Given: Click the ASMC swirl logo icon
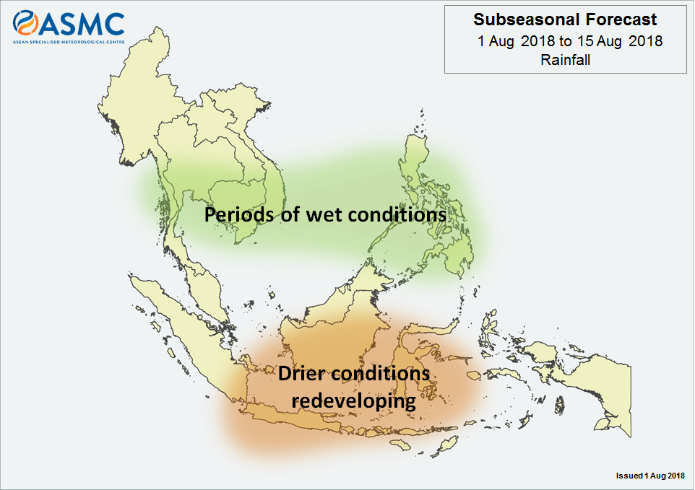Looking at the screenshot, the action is pos(25,23).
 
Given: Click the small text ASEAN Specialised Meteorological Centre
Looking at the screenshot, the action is pos(69,42).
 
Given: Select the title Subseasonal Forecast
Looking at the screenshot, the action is pos(565,19).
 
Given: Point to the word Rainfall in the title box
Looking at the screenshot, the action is pos(565,60).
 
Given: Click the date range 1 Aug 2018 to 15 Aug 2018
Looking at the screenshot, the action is pos(569,41).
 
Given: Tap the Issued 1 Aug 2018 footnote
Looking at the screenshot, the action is pos(650,476).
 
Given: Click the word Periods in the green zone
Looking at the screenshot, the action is pos(239,214).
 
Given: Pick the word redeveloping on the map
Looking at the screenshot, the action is pos(354,402).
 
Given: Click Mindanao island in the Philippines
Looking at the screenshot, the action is pos(452,253).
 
